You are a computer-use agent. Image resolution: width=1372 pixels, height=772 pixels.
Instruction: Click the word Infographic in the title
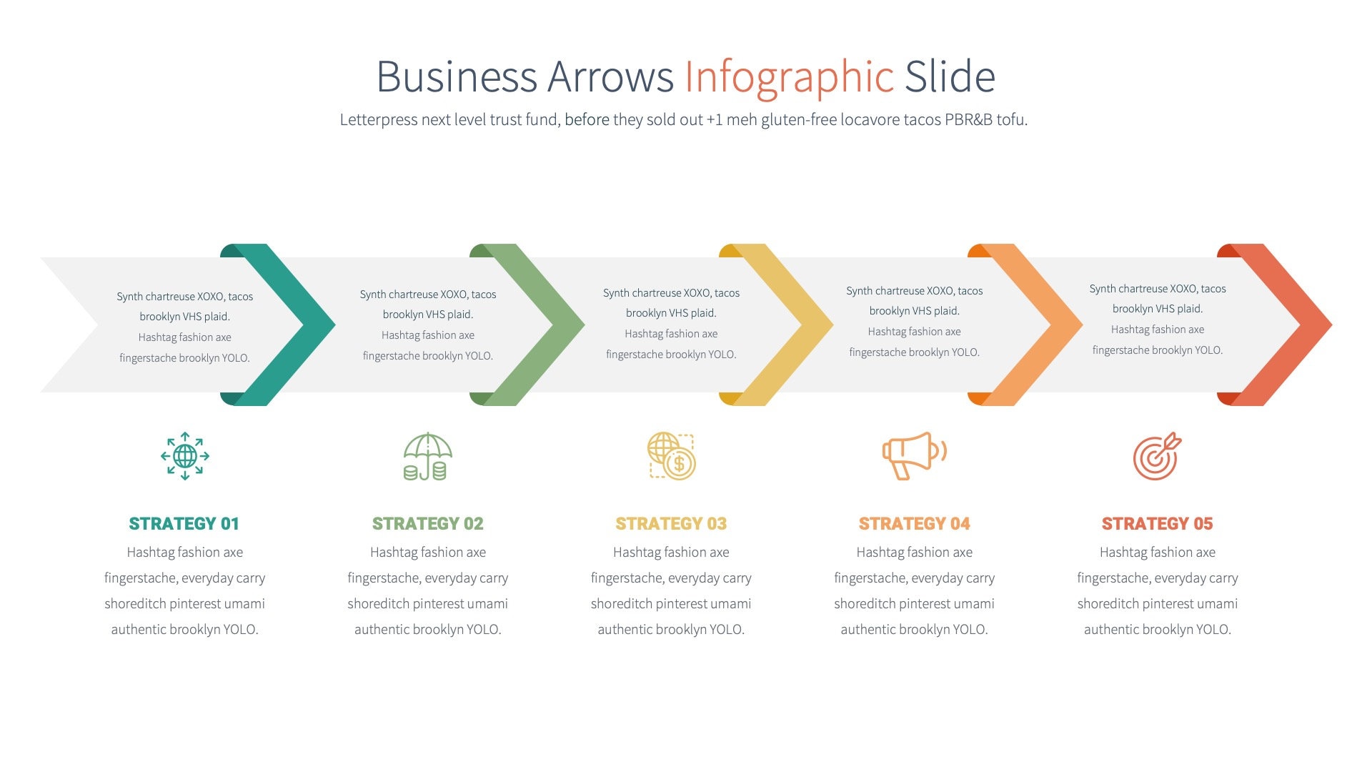coord(789,77)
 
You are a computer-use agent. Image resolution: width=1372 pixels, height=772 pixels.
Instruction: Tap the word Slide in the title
coord(950,77)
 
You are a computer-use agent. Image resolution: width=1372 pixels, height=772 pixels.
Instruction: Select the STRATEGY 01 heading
coord(184,524)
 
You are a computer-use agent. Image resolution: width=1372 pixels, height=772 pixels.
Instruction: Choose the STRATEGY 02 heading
coord(427,524)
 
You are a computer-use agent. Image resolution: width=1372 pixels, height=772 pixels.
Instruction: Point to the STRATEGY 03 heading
coord(671,524)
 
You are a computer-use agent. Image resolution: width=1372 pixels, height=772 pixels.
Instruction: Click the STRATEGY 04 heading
coord(914,524)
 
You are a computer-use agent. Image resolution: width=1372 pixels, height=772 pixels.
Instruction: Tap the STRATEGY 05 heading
coord(1157,524)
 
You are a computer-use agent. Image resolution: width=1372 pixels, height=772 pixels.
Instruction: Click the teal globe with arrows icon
coord(185,456)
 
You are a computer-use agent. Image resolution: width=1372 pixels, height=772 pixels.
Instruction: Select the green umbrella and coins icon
coord(427,456)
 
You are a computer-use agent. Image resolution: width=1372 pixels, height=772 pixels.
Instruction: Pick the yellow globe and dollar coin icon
coord(671,456)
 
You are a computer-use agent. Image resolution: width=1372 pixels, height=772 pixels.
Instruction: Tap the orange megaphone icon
coord(914,455)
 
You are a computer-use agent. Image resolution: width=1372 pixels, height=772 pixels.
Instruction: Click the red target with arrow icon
coord(1157,456)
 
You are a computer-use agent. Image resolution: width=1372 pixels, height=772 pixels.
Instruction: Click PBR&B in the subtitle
coord(968,120)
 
